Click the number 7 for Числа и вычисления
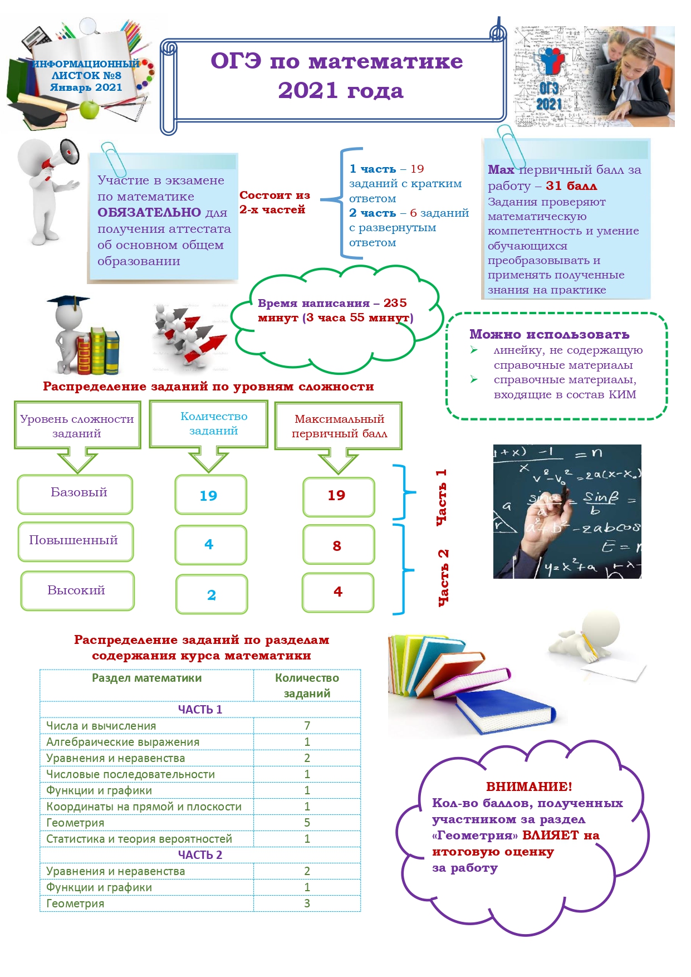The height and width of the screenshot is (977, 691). click(307, 726)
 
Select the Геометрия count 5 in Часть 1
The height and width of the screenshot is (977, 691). click(307, 823)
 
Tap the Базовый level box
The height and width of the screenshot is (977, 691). click(75, 494)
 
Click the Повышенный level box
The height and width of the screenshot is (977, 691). click(76, 541)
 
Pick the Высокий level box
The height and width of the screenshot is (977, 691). click(77, 591)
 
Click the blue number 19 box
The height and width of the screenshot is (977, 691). click(210, 495)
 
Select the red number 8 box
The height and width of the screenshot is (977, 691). click(339, 545)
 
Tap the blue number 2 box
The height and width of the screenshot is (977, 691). click(212, 594)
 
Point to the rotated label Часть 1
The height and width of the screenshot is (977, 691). click(441, 497)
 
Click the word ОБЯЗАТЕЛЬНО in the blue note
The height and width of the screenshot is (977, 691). click(149, 212)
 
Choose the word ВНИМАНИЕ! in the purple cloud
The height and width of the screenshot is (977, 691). click(529, 787)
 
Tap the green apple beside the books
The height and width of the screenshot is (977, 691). click(89, 110)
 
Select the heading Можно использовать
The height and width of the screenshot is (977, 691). click(549, 334)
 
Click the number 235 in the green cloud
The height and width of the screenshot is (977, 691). click(395, 303)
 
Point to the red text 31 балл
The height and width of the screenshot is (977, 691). click(571, 186)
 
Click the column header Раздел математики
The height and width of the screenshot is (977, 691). click(147, 678)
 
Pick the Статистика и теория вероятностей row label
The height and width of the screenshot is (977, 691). click(139, 839)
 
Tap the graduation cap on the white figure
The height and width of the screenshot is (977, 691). click(68, 301)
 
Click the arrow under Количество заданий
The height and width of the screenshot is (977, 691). click(208, 460)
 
